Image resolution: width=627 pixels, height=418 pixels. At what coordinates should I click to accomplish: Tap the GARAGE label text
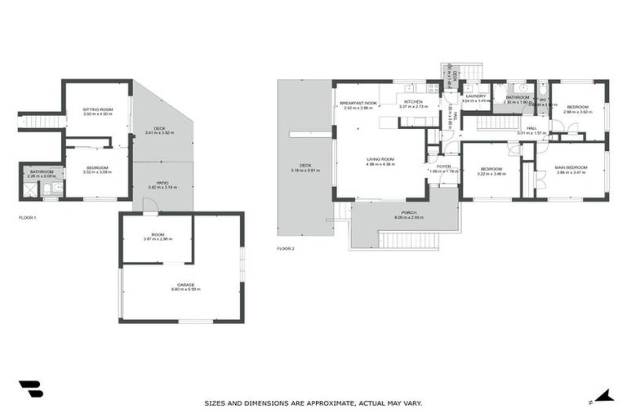click(180, 284)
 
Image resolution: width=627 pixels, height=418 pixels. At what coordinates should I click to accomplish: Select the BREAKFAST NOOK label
click(357, 102)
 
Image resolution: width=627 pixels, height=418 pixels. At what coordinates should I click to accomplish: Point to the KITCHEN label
click(413, 102)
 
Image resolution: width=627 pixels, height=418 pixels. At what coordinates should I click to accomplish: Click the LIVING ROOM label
click(380, 159)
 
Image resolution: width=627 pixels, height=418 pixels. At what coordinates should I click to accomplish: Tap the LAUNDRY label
click(475, 96)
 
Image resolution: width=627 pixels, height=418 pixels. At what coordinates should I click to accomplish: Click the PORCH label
click(406, 212)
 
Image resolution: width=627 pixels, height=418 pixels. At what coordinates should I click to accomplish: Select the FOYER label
click(443, 167)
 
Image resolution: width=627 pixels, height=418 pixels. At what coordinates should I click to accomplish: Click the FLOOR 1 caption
click(28, 218)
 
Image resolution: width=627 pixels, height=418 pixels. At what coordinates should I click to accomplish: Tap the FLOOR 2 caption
click(285, 248)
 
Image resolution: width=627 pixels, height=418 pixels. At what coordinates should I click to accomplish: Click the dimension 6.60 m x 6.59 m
click(180, 289)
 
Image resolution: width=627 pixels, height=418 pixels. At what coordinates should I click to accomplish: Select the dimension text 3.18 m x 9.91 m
click(305, 171)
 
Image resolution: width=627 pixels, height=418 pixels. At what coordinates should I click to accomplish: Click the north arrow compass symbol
click(603, 396)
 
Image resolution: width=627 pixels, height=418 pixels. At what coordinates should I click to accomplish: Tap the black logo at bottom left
click(30, 389)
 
